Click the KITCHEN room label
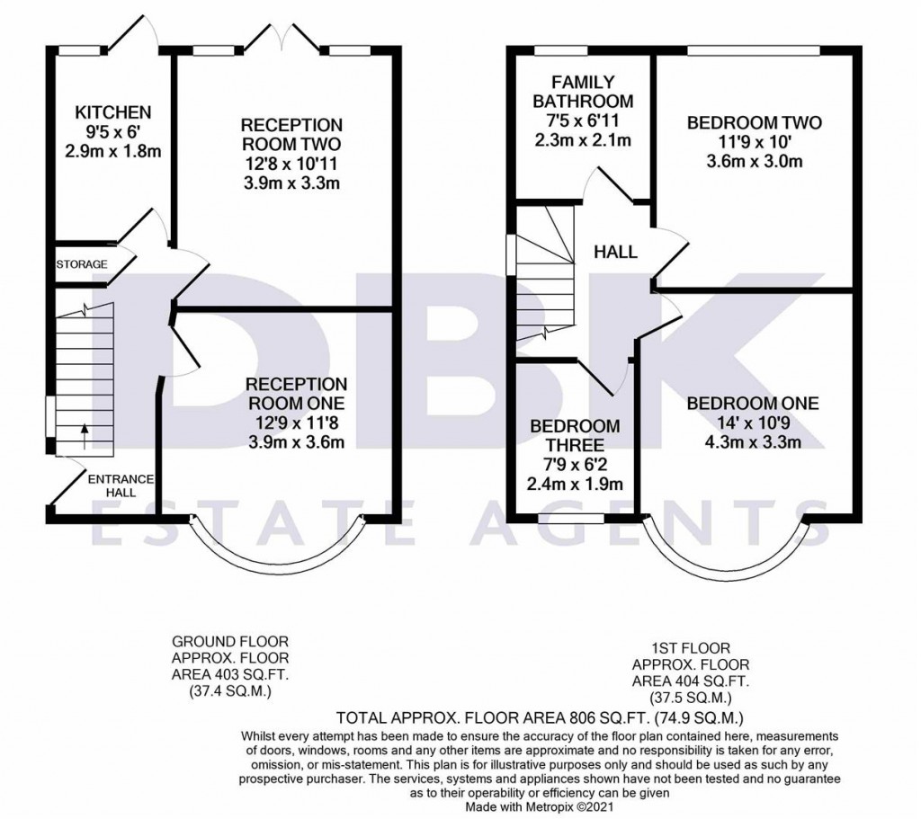[x=112, y=112]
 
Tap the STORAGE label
[x=82, y=264]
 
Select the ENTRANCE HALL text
[x=121, y=485]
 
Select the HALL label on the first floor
[x=615, y=253]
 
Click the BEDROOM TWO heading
[x=754, y=123]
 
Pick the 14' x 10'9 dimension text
[x=753, y=423]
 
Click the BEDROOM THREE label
[x=574, y=435]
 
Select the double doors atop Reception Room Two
[x=284, y=38]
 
